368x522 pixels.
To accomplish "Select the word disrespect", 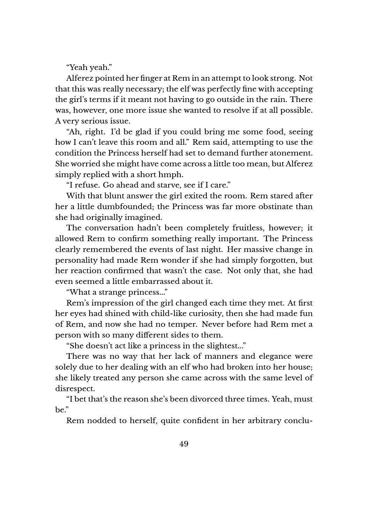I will (x=74, y=388).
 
